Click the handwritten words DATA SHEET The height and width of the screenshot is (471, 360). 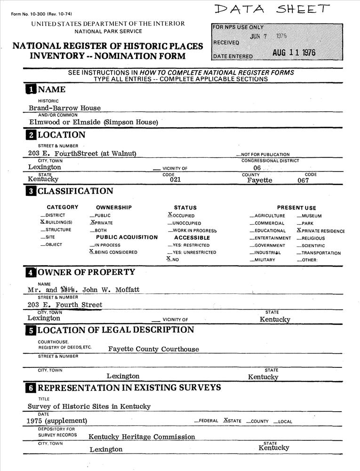(272, 9)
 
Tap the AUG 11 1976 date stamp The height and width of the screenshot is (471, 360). (294, 53)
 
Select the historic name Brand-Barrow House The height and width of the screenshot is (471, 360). (64, 108)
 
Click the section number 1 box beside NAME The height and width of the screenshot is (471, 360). (31, 89)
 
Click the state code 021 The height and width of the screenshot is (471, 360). (175, 179)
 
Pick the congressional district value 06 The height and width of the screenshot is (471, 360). (257, 168)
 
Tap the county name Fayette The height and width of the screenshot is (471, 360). (259, 180)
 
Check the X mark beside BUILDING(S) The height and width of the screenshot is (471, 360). (42, 222)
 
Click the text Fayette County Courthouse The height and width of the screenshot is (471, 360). (153, 349)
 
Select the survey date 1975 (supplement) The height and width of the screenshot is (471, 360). (57, 421)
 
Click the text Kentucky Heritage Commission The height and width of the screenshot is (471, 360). (142, 437)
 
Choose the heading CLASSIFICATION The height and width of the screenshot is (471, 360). (75, 191)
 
